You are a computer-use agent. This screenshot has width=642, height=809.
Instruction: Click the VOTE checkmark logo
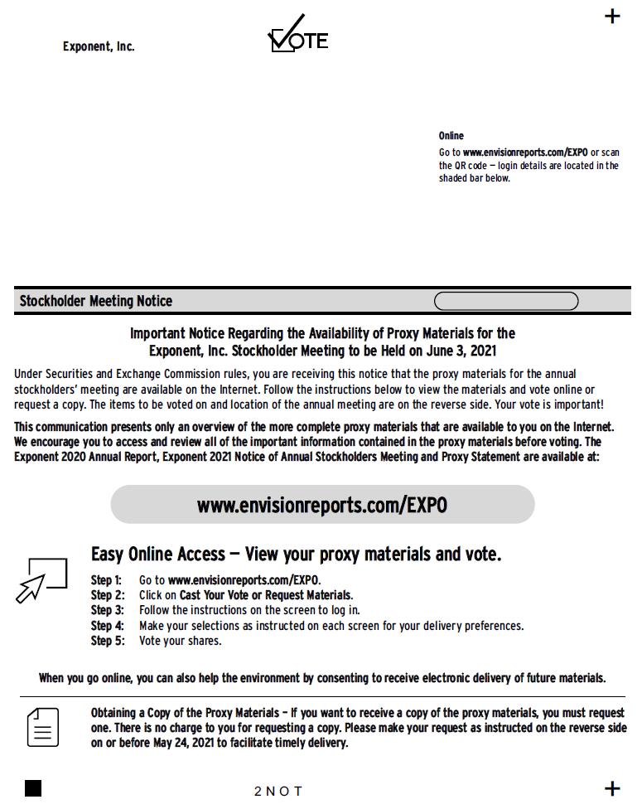click(297, 36)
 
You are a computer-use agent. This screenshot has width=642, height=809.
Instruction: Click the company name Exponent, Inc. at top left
click(99, 46)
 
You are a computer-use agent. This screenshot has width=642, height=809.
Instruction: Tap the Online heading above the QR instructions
click(451, 136)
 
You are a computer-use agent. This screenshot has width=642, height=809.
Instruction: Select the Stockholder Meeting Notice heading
click(96, 301)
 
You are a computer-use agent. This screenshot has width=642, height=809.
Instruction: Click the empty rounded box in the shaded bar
click(506, 301)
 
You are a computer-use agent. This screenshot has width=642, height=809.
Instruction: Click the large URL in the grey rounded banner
click(322, 505)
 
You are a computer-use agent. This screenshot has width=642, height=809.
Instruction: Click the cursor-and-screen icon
click(42, 579)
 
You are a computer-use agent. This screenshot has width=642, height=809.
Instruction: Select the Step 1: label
click(106, 580)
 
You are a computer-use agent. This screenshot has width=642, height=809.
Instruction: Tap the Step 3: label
click(107, 610)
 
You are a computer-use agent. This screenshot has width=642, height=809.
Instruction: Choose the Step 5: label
click(107, 641)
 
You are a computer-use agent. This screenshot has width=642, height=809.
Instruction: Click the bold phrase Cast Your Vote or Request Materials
click(266, 595)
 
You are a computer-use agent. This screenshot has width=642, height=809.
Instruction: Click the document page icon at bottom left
click(43, 727)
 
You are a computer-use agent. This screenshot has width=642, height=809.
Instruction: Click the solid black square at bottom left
click(33, 788)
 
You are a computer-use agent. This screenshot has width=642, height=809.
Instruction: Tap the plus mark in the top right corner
click(612, 16)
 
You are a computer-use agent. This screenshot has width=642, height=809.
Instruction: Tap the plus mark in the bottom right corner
click(612, 788)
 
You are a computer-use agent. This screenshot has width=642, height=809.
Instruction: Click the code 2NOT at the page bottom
click(278, 791)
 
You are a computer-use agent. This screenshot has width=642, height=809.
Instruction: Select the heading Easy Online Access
click(158, 554)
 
